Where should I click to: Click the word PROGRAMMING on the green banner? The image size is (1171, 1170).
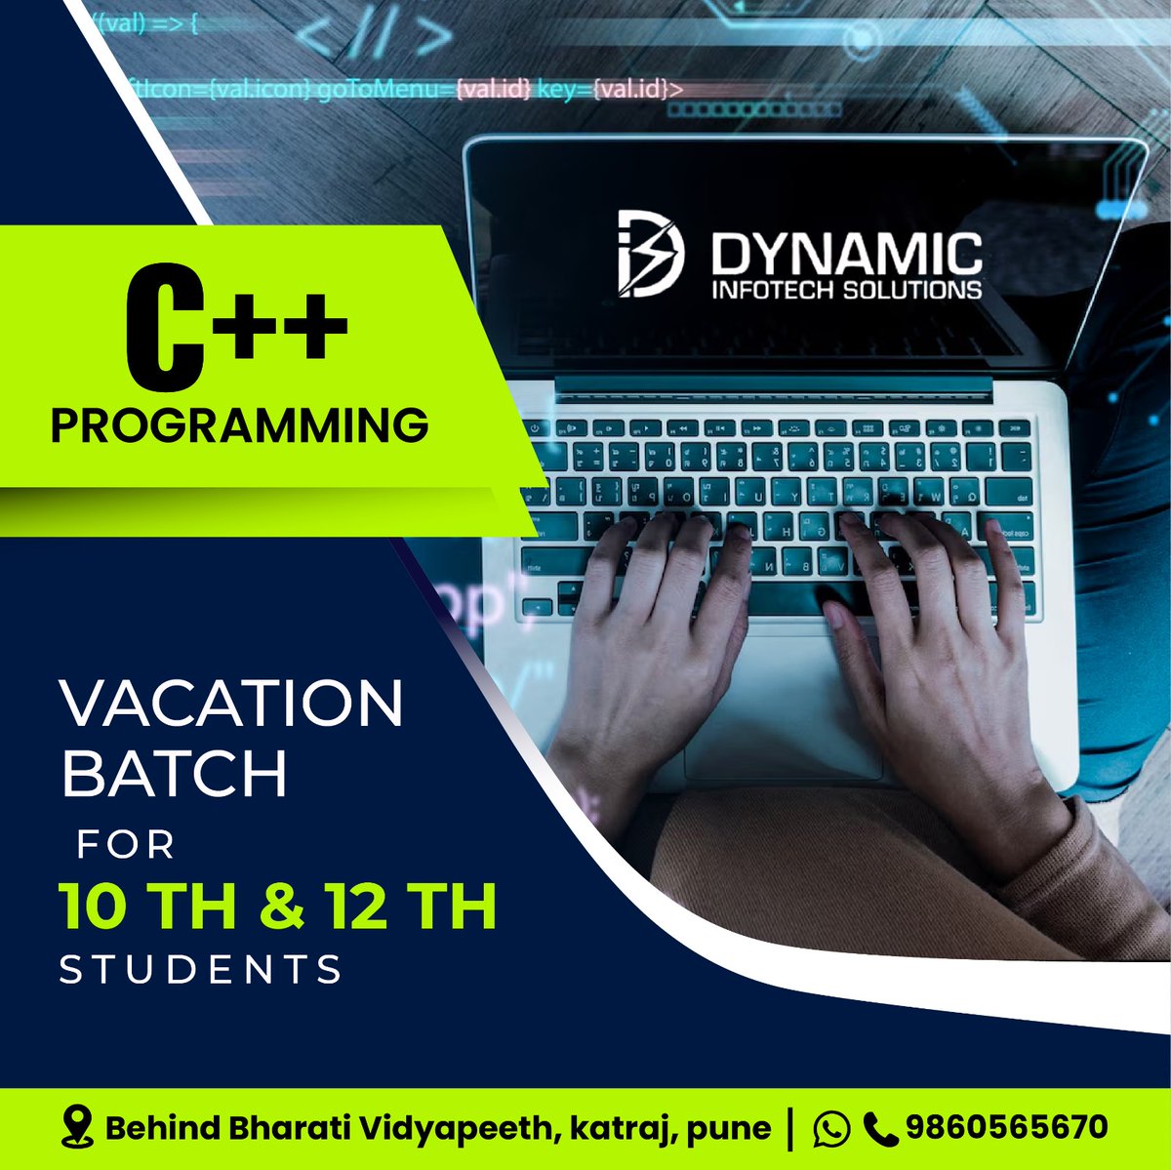[x=239, y=425]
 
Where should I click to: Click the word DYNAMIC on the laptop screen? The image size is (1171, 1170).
[x=845, y=256]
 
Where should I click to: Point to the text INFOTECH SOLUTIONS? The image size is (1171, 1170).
[x=846, y=290]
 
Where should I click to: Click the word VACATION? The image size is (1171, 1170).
[x=232, y=703]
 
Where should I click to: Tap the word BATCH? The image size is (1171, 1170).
[x=175, y=774]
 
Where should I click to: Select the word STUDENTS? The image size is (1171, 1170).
[x=202, y=970]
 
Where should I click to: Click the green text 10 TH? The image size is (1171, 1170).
[x=147, y=907]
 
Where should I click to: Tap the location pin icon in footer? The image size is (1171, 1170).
[x=76, y=1127]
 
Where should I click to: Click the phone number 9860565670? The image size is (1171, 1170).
[x=1006, y=1128]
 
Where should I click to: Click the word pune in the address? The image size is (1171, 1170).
[x=729, y=1130]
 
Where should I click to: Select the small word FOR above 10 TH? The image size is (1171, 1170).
[x=127, y=844]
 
